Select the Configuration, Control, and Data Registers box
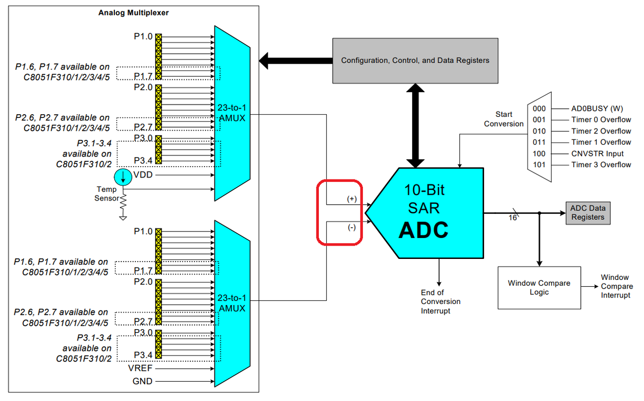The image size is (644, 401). [415, 60]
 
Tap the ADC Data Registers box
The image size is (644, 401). [587, 213]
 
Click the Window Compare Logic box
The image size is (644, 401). [539, 288]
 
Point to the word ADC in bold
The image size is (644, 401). [423, 229]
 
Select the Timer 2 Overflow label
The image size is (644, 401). [601, 131]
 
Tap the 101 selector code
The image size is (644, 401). [539, 165]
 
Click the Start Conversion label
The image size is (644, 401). [503, 119]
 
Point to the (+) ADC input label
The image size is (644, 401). [352, 198]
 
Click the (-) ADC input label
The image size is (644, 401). [352, 227]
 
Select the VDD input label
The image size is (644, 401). [143, 175]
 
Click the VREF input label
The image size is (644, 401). [141, 369]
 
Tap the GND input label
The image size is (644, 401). [142, 381]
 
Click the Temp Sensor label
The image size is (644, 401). [106, 194]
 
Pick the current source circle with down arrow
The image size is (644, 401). [122, 176]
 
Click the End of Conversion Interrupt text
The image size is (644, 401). [440, 302]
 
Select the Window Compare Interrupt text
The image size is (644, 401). [614, 286]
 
